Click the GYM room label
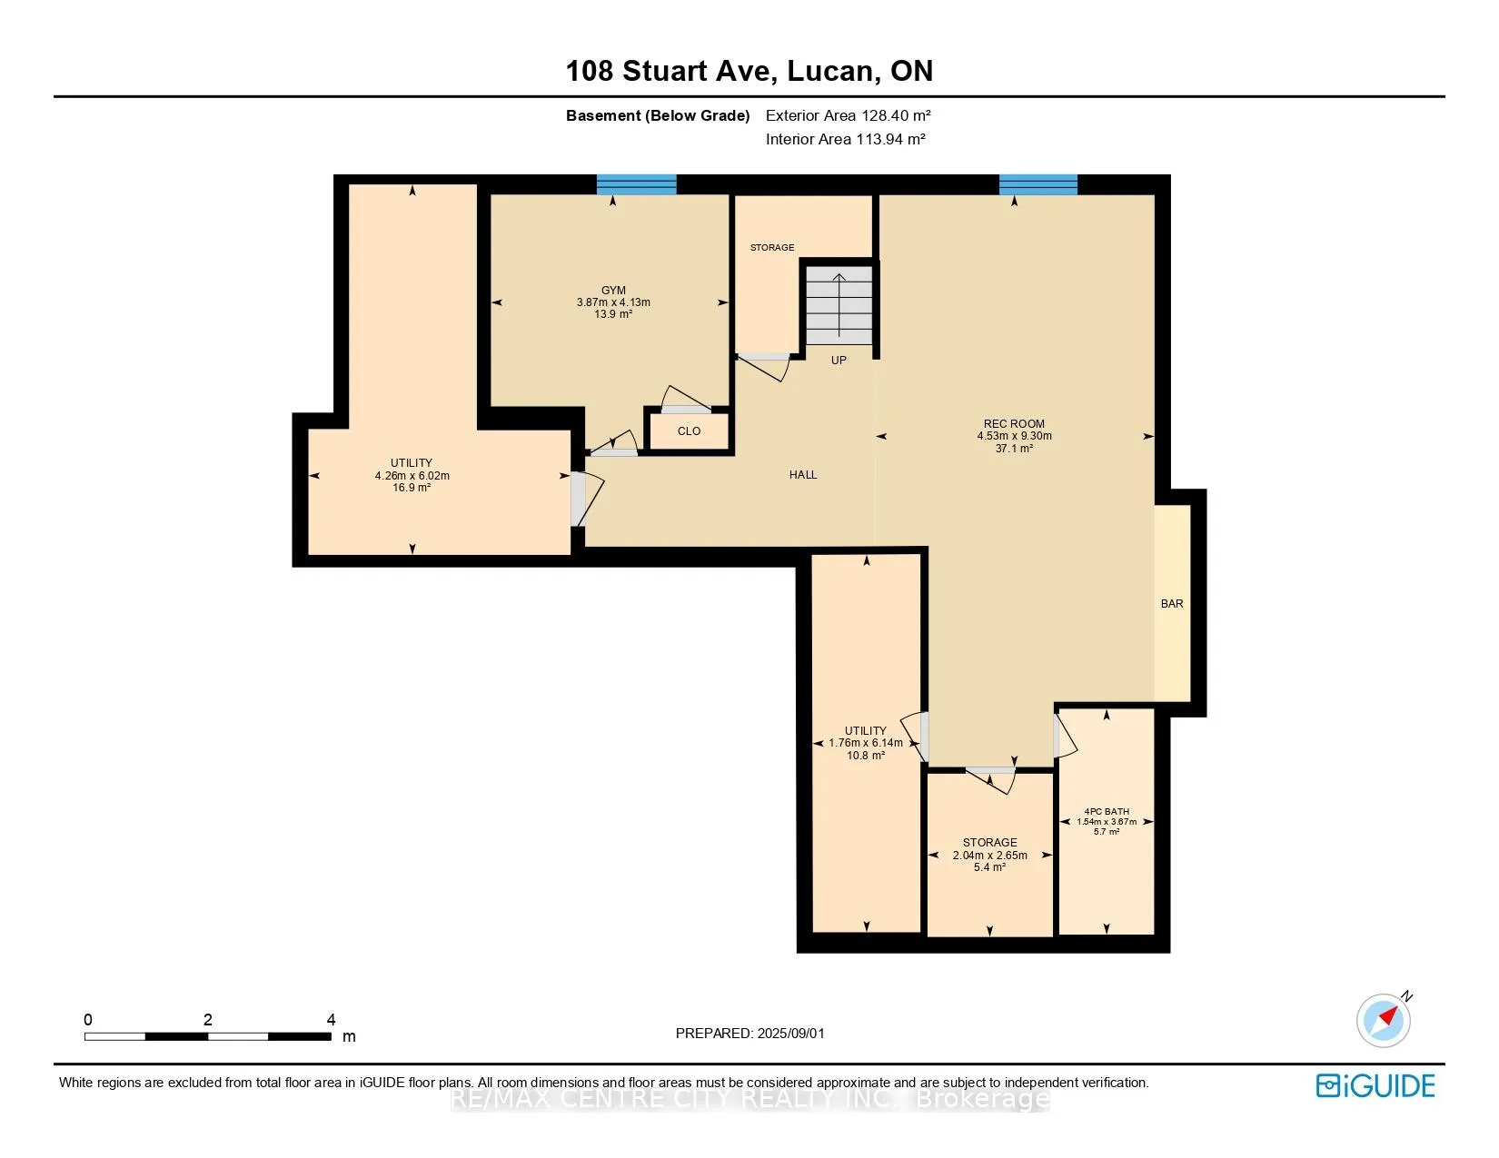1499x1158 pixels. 613,291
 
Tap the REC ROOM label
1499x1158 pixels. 1013,424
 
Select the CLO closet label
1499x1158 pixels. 689,431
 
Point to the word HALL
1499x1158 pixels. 803,474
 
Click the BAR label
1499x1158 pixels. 1171,603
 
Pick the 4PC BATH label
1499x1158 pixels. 1107,812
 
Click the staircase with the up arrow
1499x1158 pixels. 839,305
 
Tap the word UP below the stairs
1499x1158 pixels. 839,360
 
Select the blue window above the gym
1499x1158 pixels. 636,185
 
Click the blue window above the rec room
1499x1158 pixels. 1038,185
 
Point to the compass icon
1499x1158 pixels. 1384,1020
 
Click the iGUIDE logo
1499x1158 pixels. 1375,1085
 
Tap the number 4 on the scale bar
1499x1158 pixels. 331,1019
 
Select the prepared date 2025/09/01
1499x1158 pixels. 790,1034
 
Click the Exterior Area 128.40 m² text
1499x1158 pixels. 848,115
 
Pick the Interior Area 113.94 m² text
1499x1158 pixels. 845,139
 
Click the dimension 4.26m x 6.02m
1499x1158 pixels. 412,475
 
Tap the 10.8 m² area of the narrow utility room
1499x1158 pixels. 865,756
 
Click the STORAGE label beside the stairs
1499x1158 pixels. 772,248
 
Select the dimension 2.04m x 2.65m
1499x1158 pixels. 989,856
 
